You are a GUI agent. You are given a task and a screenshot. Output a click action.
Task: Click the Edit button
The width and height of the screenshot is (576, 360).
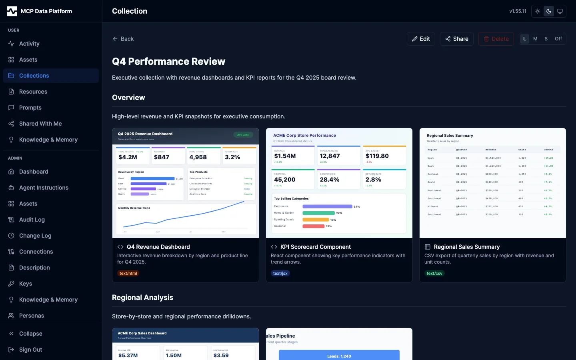(x=421, y=39)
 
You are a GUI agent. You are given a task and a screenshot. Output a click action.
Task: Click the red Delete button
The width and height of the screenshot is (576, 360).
(x=496, y=39)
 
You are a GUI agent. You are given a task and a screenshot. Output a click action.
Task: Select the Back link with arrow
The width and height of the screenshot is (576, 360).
(x=123, y=39)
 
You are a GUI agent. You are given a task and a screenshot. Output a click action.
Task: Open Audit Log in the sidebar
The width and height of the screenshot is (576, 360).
(x=32, y=220)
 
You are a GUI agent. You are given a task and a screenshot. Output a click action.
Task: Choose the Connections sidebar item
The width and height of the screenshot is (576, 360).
(x=36, y=252)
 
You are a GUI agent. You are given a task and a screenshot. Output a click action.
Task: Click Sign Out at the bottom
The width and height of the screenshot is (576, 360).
(x=30, y=350)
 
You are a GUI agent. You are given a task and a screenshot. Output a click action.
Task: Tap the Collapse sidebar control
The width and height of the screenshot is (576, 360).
(x=30, y=334)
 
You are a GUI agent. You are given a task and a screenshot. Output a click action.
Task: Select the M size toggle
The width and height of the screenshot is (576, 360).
(x=535, y=39)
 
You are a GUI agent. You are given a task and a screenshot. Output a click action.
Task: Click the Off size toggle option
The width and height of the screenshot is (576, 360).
(x=558, y=39)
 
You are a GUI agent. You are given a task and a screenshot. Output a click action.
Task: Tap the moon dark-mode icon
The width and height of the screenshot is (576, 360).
(x=549, y=11)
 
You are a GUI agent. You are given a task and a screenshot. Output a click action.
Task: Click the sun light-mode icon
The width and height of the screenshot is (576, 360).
(x=538, y=11)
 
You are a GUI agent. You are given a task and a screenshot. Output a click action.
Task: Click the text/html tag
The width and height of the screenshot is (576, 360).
(x=128, y=274)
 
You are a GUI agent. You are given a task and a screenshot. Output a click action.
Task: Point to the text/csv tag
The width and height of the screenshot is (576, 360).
(x=434, y=274)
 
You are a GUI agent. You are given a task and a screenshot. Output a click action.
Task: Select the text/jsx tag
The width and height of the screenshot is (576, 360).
(x=280, y=274)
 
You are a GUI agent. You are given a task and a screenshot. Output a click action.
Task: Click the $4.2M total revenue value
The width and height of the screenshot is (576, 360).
(x=128, y=157)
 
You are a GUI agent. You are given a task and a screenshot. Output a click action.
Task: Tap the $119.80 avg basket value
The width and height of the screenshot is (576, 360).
(x=377, y=156)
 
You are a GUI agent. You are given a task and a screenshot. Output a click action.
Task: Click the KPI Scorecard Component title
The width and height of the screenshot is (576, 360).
(x=315, y=247)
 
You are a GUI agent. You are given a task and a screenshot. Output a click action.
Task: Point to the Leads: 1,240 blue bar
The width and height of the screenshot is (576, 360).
(x=339, y=356)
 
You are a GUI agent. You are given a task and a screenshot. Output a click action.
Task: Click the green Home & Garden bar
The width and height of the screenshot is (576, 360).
(x=318, y=213)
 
